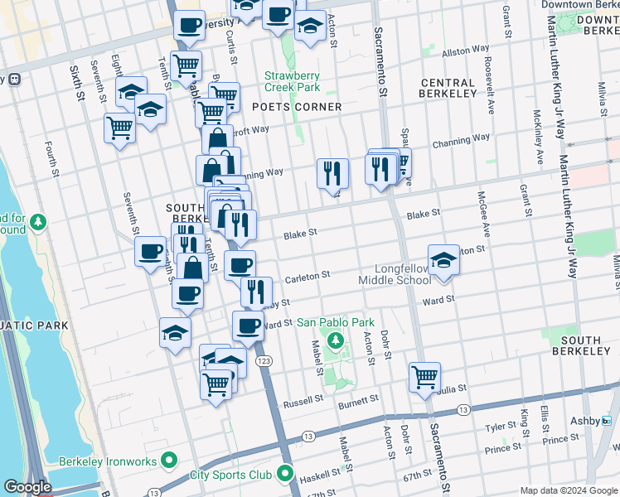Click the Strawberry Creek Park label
coord(292,80)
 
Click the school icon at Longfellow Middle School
coord(443,259)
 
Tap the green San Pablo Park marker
coord(335,340)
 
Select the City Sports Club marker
coord(286,475)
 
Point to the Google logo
coord(27,487)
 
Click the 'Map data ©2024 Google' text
coord(569,490)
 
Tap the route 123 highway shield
coord(264,362)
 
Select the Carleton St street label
coord(308,274)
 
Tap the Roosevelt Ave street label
coord(490,95)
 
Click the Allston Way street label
coord(467,51)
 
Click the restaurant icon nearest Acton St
coord(332,173)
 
